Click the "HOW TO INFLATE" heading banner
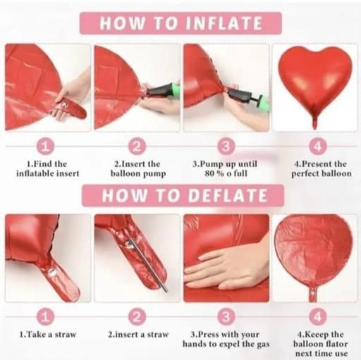pyautogui.click(x=180, y=23)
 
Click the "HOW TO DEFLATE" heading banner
pyautogui.click(x=183, y=195)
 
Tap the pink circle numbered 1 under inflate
pyautogui.click(x=45, y=147)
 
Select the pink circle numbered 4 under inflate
pyautogui.click(x=317, y=147)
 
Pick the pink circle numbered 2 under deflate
pyautogui.click(x=137, y=317)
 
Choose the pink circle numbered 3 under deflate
pyautogui.click(x=226, y=317)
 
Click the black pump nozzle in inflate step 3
pyautogui.click(x=238, y=97)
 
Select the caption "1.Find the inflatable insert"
pyautogui.click(x=48, y=168)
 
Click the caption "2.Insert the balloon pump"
pyautogui.click(x=138, y=168)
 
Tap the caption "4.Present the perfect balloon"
pyautogui.click(x=322, y=168)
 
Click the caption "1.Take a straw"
pyautogui.click(x=48, y=335)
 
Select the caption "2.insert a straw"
pyautogui.click(x=138, y=335)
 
